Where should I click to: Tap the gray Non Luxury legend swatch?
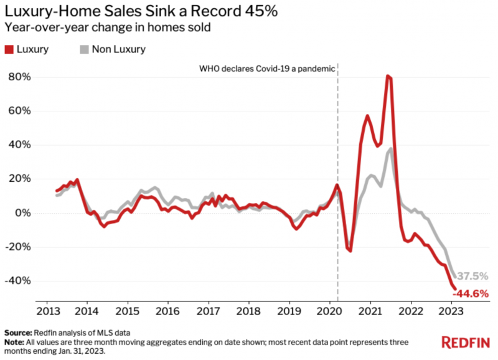click(x=84, y=49)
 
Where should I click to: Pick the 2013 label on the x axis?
click(x=47, y=310)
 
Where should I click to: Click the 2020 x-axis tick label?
click(x=329, y=310)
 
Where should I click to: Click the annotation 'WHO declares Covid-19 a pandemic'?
click(x=266, y=67)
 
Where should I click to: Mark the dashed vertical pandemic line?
click(x=337, y=187)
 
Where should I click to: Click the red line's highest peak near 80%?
click(x=388, y=76)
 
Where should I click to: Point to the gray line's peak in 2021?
click(x=390, y=148)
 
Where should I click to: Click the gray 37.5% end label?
click(x=473, y=276)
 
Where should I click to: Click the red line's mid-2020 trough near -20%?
click(x=350, y=250)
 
